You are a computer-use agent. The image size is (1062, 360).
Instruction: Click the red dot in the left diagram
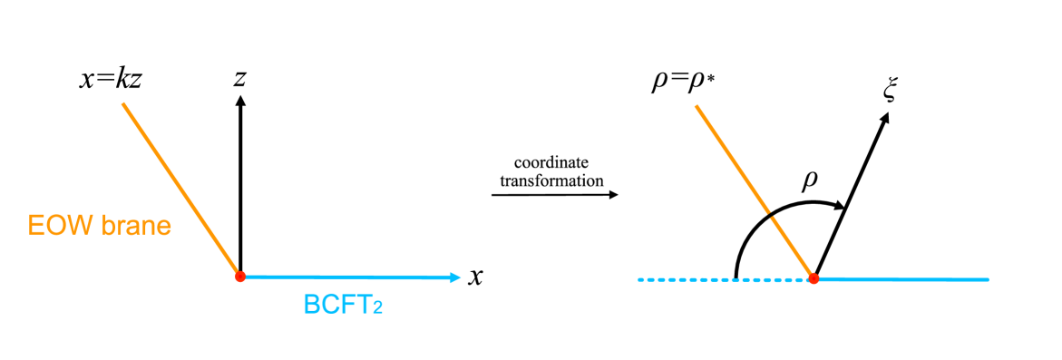(x=240, y=277)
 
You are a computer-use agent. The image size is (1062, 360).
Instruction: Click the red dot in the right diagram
(x=814, y=278)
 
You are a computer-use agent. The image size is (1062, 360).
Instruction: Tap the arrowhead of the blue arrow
(x=456, y=277)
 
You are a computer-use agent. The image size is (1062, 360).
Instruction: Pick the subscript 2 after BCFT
(x=377, y=309)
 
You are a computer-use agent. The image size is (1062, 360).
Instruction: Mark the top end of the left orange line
(x=123, y=103)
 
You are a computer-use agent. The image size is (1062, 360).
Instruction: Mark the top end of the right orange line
(x=696, y=106)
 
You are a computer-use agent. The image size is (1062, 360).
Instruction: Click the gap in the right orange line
(x=769, y=215)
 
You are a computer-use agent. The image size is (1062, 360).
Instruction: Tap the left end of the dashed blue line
(x=639, y=279)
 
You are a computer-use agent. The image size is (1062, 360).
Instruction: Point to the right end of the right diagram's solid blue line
(x=988, y=279)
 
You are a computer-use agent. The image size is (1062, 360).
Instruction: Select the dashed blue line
(x=726, y=279)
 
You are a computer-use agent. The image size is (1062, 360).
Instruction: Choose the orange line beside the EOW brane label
(x=181, y=190)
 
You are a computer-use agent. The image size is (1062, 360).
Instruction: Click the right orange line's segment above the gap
(x=731, y=159)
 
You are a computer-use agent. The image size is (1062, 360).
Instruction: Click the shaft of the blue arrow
(x=345, y=277)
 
